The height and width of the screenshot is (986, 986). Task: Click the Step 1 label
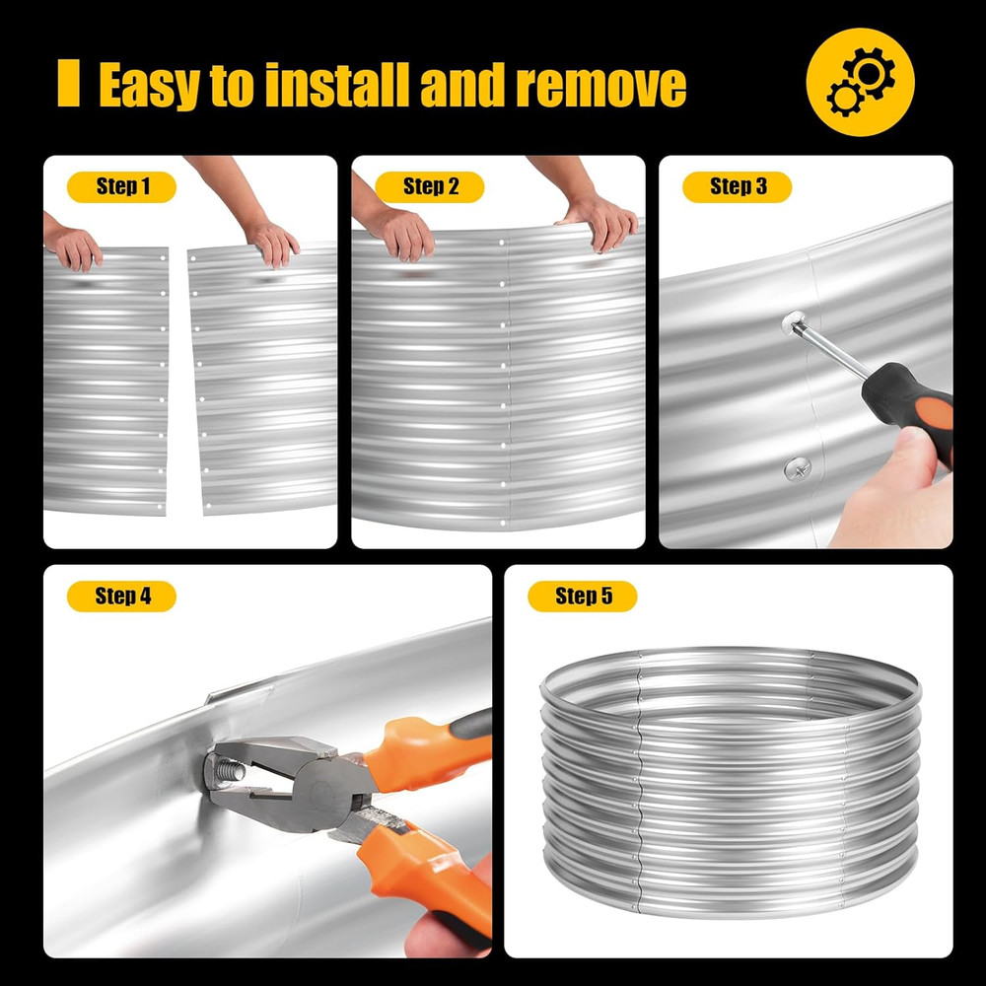tap(121, 186)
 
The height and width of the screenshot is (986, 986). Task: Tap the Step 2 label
tap(430, 186)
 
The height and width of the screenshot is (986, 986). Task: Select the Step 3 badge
tap(737, 186)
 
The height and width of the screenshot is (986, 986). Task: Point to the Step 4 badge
tap(121, 597)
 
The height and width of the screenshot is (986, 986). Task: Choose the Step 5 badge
tap(583, 597)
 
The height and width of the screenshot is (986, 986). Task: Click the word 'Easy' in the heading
tap(150, 86)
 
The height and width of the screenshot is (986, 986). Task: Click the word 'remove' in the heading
tap(601, 86)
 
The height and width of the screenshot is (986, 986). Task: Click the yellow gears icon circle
tap(860, 82)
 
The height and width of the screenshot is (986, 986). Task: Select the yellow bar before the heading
tap(69, 83)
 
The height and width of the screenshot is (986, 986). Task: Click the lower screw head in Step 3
tap(797, 469)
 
